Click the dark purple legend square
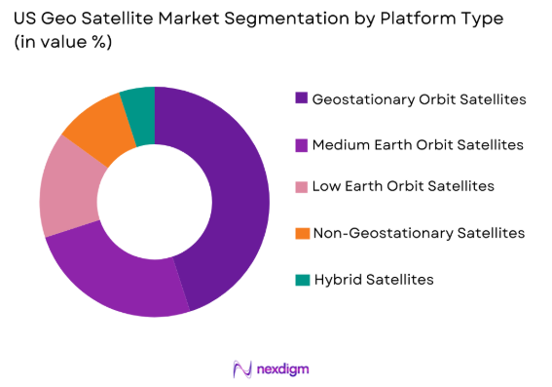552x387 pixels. pyautogui.click(x=302, y=98)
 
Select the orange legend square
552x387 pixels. pyautogui.click(x=302, y=233)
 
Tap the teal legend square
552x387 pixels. pyautogui.click(x=302, y=279)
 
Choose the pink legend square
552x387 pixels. pyautogui.click(x=302, y=185)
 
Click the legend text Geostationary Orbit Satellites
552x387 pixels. pyautogui.click(x=420, y=98)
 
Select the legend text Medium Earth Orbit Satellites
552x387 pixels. pyautogui.click(x=418, y=144)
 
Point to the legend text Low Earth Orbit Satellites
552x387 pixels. pyautogui.click(x=403, y=185)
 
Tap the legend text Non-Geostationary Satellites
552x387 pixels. pyautogui.click(x=419, y=233)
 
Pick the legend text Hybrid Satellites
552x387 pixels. pyautogui.click(x=374, y=279)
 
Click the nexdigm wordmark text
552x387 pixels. pyautogui.click(x=284, y=368)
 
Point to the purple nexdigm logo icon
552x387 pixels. pyautogui.click(x=242, y=368)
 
